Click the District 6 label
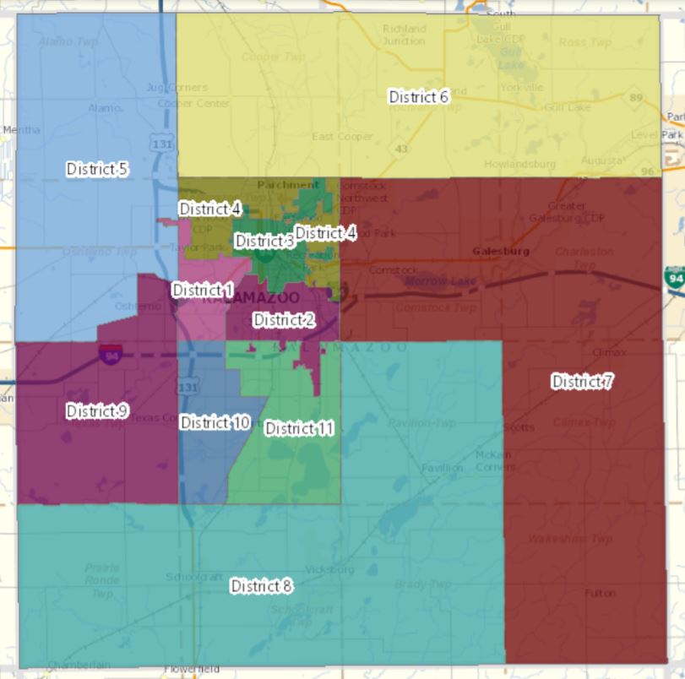click(x=418, y=97)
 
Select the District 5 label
click(x=97, y=169)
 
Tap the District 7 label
click(x=582, y=382)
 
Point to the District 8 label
click(x=261, y=586)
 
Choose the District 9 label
click(x=97, y=410)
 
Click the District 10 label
click(x=215, y=422)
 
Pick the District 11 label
click(x=299, y=428)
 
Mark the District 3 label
click(x=264, y=242)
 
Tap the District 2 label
click(x=284, y=320)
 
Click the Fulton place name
click(x=600, y=593)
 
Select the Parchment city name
click(x=289, y=184)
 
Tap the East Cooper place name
click(x=342, y=137)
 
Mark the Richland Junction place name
click(x=404, y=35)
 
